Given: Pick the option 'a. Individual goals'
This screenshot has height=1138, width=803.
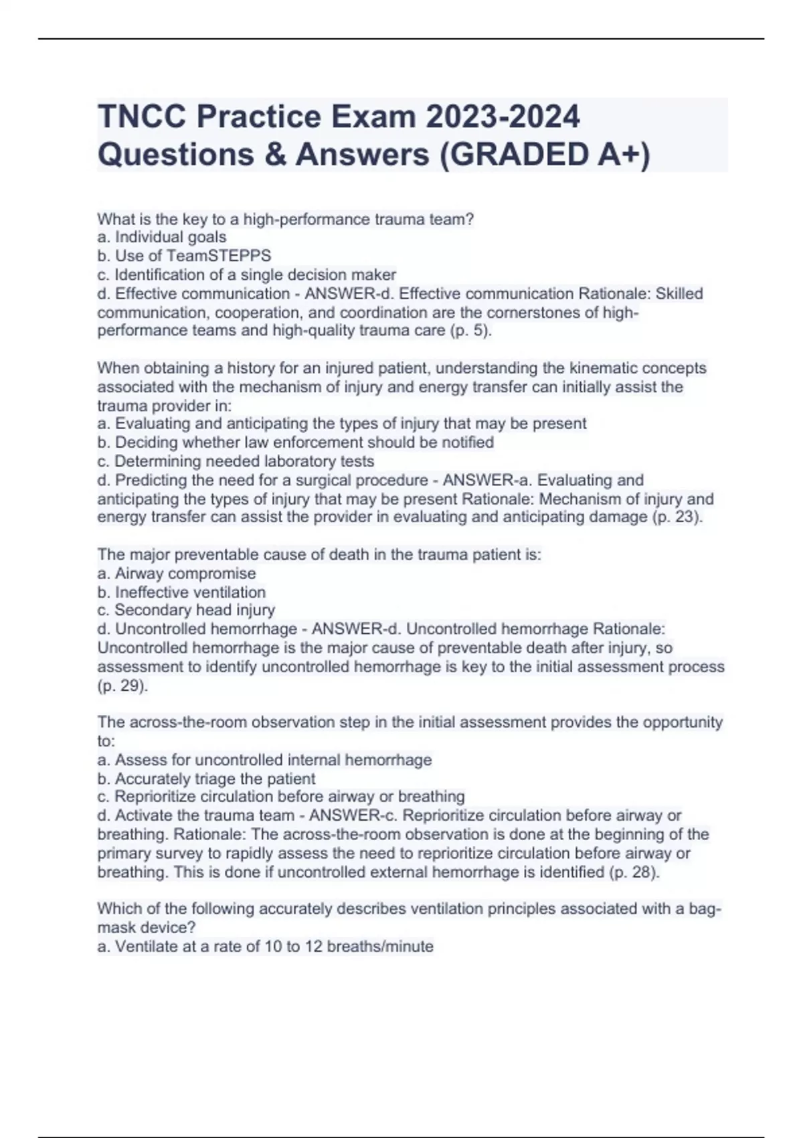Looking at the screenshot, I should click(x=162, y=237).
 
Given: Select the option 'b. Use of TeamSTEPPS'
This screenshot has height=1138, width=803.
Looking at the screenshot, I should click(x=184, y=256).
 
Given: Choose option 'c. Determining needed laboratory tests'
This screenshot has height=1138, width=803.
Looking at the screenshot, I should click(x=236, y=461).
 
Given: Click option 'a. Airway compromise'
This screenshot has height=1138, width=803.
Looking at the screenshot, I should click(x=177, y=574).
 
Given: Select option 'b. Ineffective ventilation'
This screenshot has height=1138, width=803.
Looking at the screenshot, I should click(x=181, y=592).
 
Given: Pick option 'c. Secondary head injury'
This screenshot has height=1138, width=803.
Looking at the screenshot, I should click(x=186, y=611).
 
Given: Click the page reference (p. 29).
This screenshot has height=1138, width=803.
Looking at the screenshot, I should click(x=122, y=686).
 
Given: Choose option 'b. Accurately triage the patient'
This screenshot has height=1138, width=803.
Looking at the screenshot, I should click(x=206, y=779).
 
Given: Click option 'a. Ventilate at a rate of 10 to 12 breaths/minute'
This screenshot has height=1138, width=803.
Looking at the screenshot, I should click(x=266, y=947).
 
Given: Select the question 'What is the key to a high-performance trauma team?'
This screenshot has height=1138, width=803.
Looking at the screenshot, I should click(x=286, y=219).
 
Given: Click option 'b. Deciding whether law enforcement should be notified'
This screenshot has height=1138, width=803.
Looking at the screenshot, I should click(x=296, y=442).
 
